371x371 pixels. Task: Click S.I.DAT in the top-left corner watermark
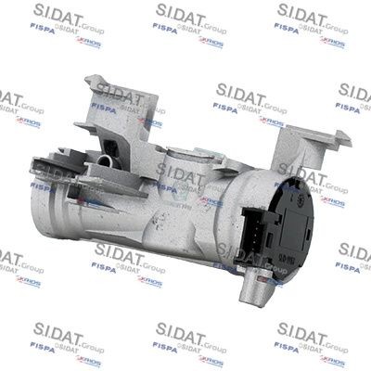(x=55, y=14)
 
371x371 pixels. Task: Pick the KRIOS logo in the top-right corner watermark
(x=333, y=41)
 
